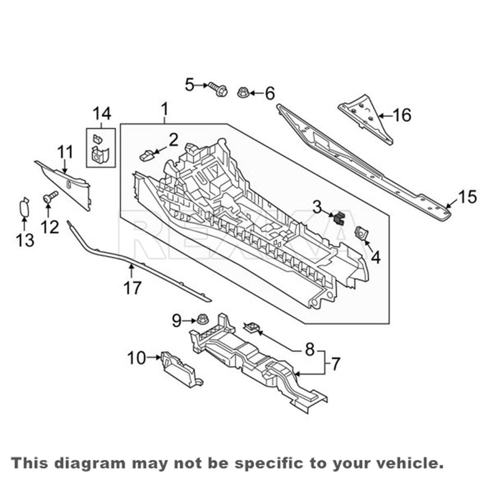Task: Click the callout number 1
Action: click(164, 110)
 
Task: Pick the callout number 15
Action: click(466, 198)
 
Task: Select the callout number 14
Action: click(101, 112)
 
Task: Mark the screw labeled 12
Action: click(49, 198)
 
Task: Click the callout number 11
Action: click(64, 152)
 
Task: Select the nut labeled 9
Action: click(202, 319)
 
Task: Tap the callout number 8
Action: click(310, 349)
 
